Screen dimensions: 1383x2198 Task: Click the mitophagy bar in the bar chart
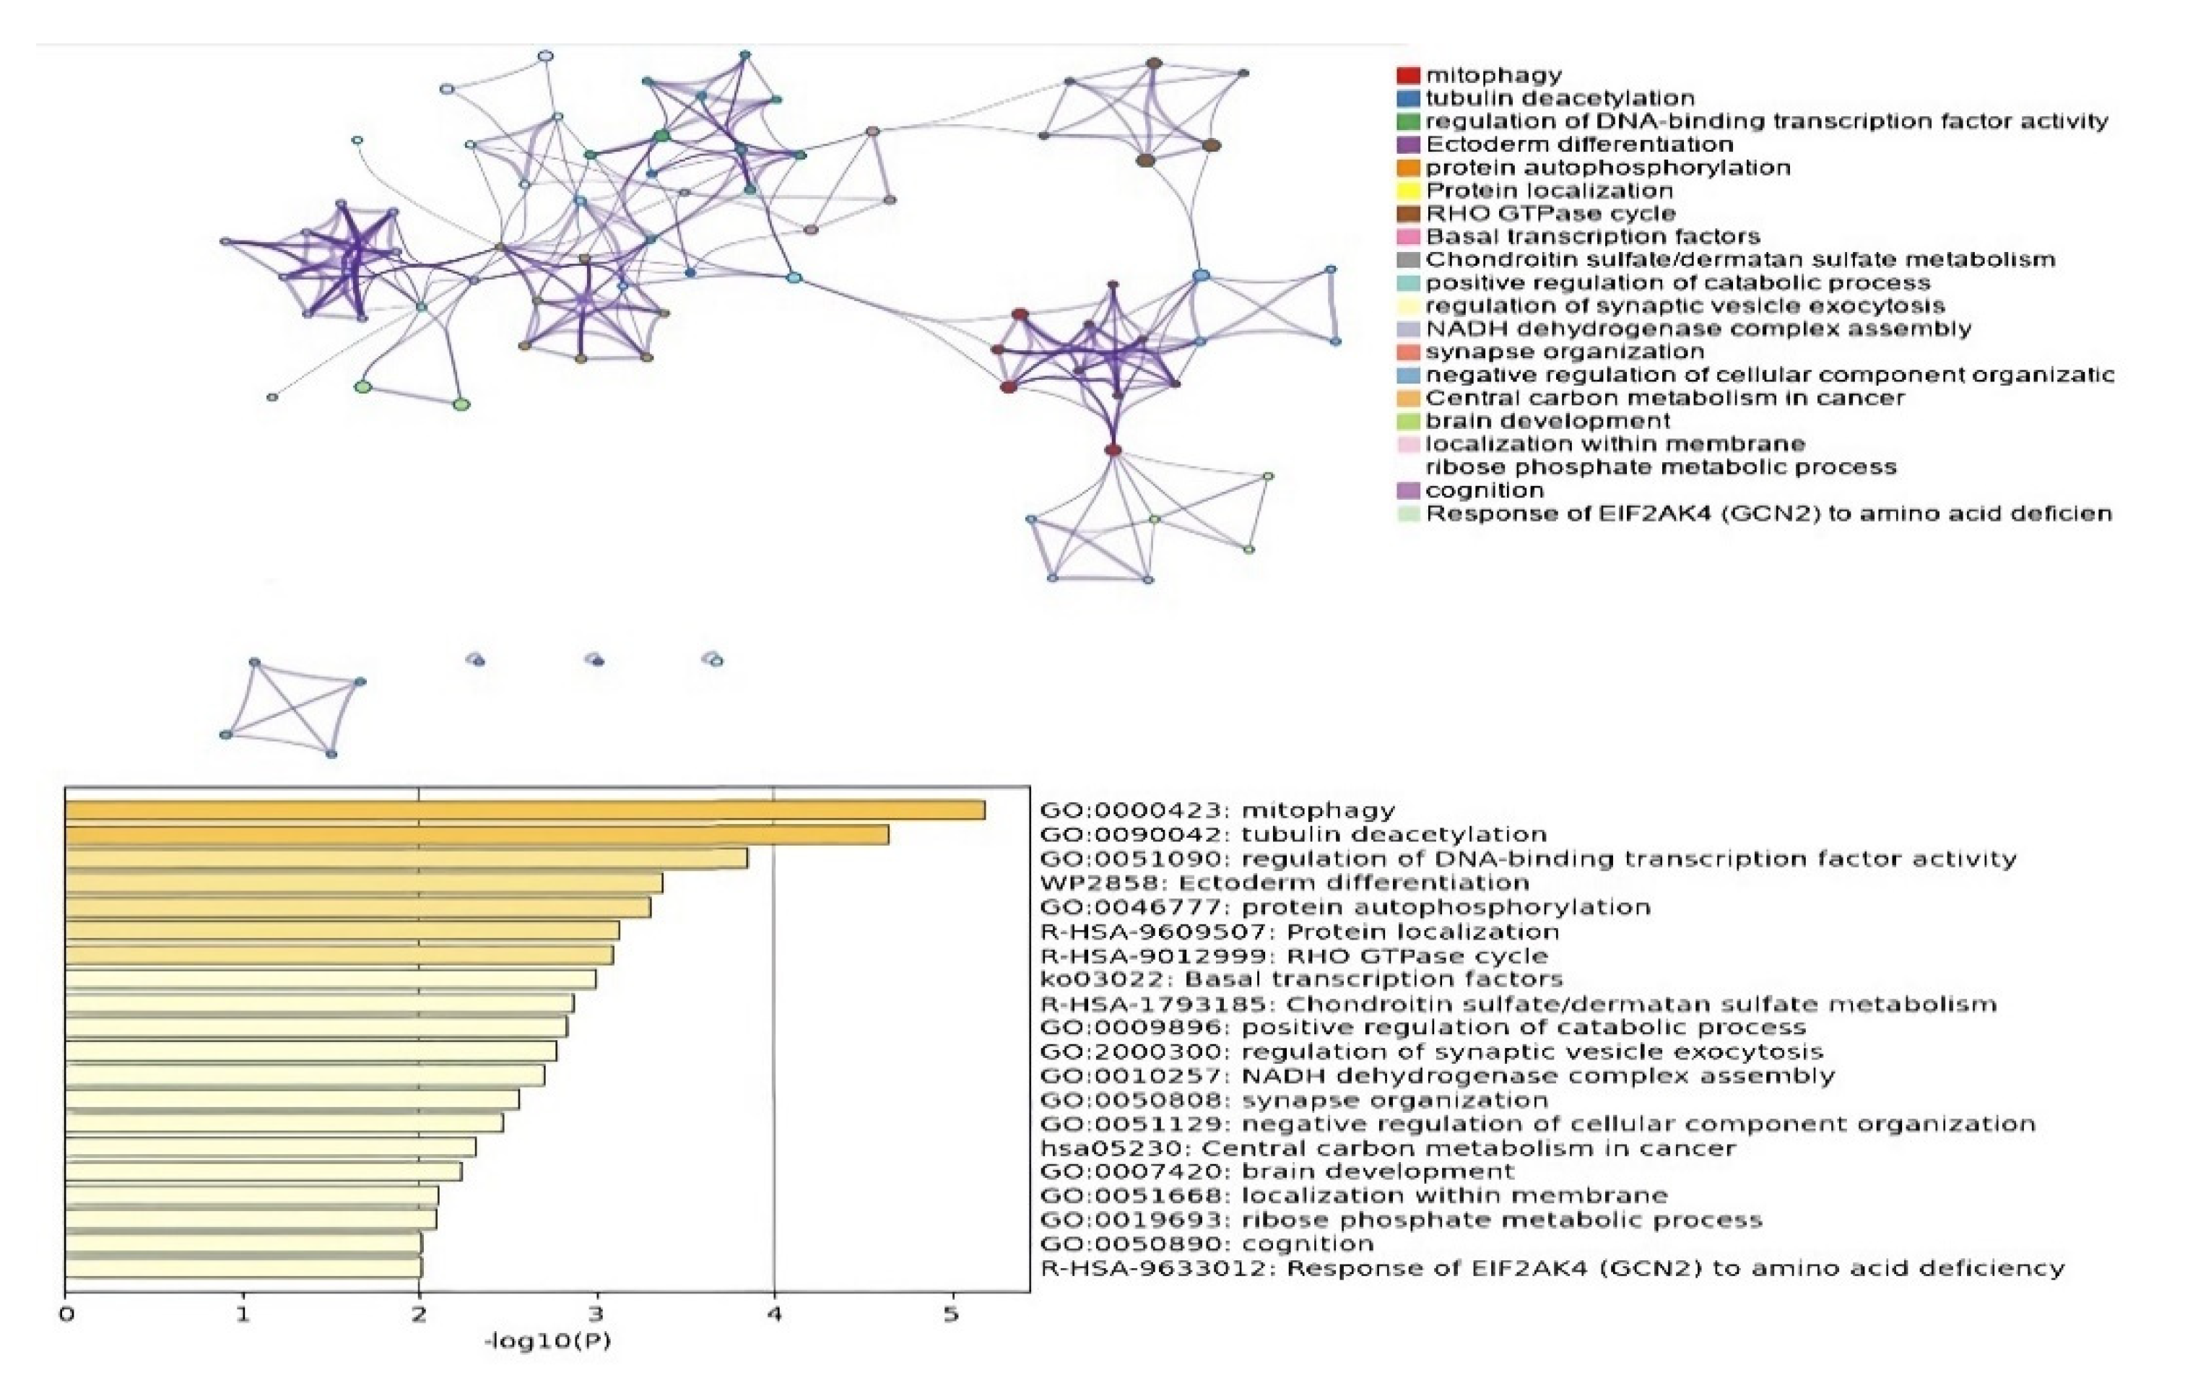click(x=525, y=810)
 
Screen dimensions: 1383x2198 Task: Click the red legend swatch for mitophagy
click(x=1409, y=75)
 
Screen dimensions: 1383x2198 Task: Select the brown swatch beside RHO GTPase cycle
click(x=1409, y=214)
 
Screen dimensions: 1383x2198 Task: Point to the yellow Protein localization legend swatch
click(x=1409, y=191)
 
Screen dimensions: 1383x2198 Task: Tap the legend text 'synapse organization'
click(x=1565, y=352)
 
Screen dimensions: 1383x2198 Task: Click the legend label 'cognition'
click(x=1484, y=490)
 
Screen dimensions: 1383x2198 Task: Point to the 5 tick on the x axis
click(x=952, y=1314)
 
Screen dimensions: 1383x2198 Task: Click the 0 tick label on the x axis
click(x=66, y=1314)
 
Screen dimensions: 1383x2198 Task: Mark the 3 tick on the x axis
click(x=597, y=1314)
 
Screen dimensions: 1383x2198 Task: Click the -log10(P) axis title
click(x=547, y=1341)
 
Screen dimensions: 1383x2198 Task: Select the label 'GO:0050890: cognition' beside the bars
click(x=1207, y=1244)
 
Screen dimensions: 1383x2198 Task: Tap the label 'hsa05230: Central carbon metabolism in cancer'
click(x=1387, y=1148)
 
